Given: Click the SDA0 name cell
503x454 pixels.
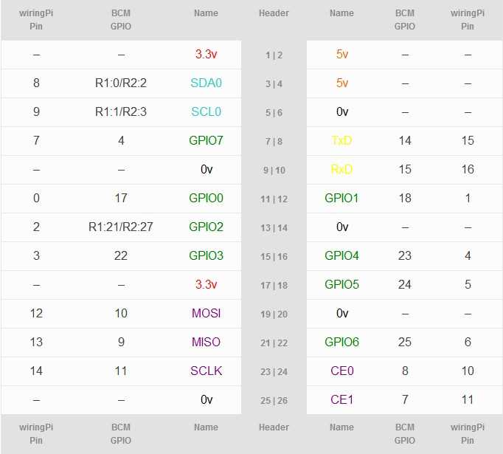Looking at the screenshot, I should point(206,83).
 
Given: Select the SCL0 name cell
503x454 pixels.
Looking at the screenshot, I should point(206,112).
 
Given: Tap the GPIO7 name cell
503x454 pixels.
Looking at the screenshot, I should point(206,141).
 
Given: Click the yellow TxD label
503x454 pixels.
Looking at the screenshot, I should point(341,141).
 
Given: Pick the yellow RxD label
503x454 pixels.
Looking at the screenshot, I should point(341,170).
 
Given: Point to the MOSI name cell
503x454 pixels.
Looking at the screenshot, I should point(206,314).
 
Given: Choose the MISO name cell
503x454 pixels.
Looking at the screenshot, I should point(206,343).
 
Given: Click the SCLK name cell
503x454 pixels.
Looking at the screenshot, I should point(206,371).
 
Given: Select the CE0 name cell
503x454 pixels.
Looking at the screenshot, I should point(341,371).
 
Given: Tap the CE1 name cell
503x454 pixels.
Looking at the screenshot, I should point(341,400).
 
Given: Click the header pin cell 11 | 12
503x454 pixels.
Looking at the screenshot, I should point(274,199).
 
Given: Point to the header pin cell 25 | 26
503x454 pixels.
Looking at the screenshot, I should point(274,400).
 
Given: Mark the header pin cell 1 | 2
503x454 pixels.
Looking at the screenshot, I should point(274,55).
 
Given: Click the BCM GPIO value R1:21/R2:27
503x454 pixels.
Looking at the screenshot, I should point(120,227).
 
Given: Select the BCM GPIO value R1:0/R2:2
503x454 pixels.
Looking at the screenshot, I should point(120,83).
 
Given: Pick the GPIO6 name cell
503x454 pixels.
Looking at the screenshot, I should point(341,343).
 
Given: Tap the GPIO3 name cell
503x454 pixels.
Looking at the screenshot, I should point(206,256).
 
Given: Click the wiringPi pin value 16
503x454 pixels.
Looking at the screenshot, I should point(468,170).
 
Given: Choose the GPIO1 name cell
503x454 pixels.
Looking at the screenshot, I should point(341,199).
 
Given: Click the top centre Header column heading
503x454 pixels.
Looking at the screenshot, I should point(274,13).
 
